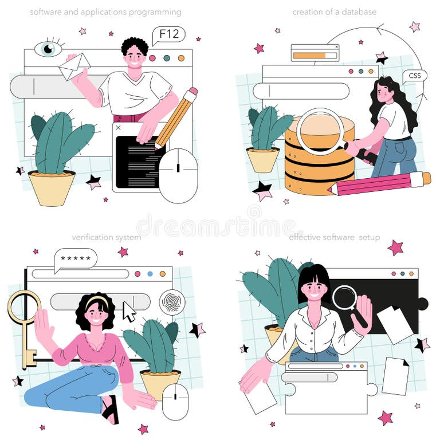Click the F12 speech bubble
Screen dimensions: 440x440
168,35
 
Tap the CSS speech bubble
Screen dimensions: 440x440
414,76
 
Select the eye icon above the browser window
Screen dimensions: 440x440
48,48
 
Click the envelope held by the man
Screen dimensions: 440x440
74,66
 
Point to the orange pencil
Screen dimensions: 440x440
176,118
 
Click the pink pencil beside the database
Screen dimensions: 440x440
379,184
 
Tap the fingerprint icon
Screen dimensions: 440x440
172,302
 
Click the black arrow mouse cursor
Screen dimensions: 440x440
129,311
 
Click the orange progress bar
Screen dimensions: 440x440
309,56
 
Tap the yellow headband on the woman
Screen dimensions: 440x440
97,301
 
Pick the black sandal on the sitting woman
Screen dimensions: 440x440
110,409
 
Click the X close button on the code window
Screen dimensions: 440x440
118,128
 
